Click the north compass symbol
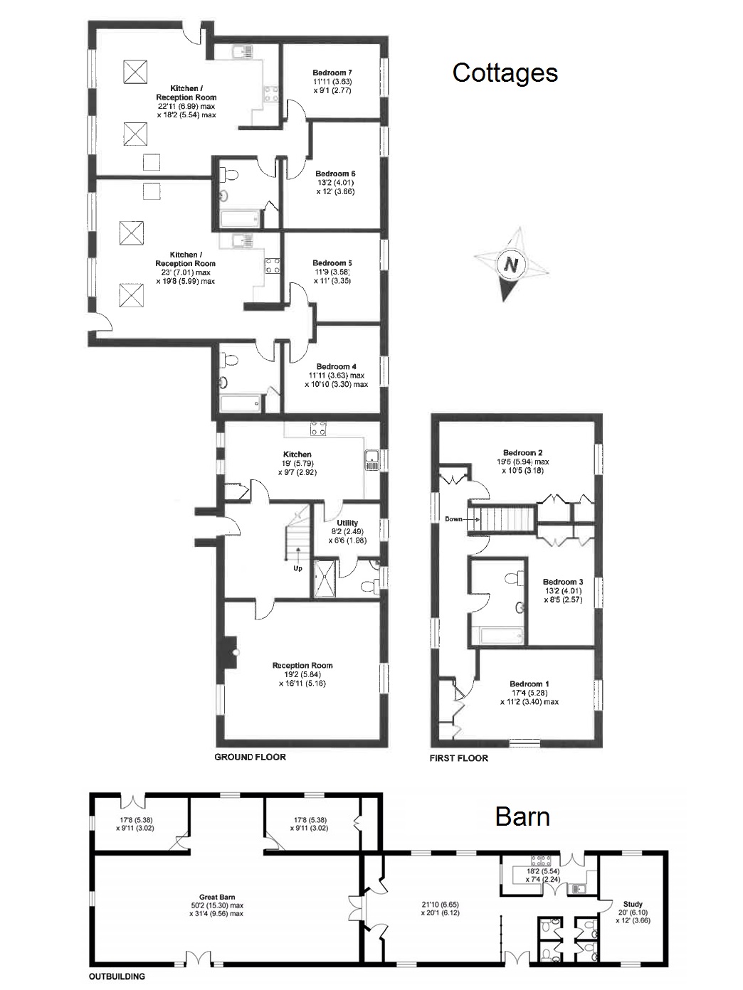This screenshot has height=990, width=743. pos(511,265)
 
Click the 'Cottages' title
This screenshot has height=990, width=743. pos(505,73)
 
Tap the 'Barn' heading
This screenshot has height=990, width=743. pos(522,816)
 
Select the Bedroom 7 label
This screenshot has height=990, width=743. pos(332,73)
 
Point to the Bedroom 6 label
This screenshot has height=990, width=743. pos(335,174)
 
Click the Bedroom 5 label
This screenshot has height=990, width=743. pos(332,263)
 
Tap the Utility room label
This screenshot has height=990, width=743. pos(347,523)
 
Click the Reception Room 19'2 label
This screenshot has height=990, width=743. pos(302,666)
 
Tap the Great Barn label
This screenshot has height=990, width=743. pos(217,897)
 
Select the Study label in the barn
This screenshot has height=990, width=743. pos(633,905)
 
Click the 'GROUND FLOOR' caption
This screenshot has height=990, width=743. pos(251,757)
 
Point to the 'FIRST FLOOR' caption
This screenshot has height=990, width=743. pos(459,758)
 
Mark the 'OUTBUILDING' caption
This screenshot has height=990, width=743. pos(117,976)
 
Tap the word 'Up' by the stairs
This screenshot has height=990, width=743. pos(297,568)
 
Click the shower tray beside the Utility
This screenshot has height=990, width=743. pos(325,578)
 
